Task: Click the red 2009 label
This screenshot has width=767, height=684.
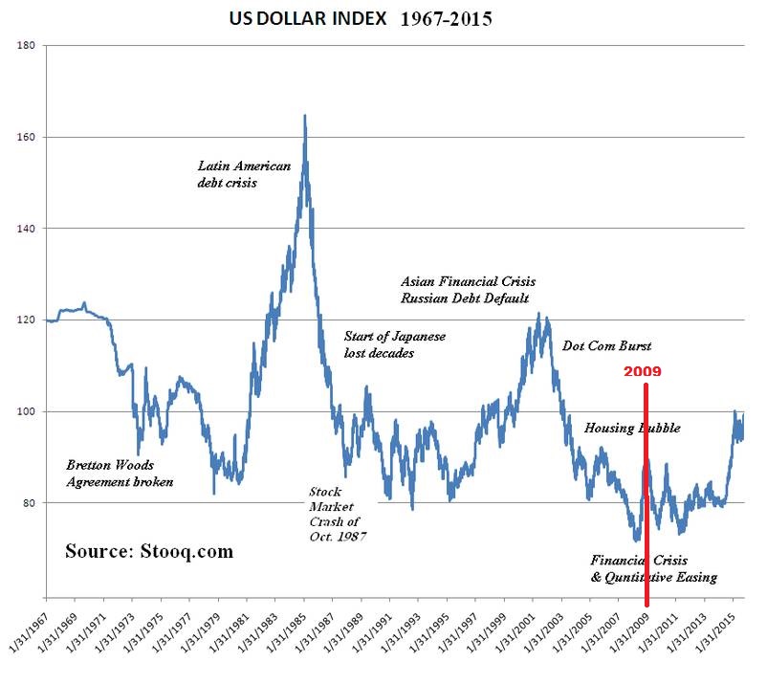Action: tap(643, 371)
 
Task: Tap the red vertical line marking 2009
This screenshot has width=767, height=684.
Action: tap(647, 497)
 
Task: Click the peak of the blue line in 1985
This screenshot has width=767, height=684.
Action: tap(304, 117)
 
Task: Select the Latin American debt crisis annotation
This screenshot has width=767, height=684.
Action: tap(243, 174)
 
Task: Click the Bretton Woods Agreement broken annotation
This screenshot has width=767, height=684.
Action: tap(120, 474)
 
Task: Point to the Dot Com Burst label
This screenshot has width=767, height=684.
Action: tap(607, 345)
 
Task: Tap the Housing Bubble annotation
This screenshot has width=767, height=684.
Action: tap(632, 428)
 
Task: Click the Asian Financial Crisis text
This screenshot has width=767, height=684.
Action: tap(468, 282)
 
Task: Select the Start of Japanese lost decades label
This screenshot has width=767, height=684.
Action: tap(395, 344)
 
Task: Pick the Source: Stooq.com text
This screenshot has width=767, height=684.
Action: tap(148, 552)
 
